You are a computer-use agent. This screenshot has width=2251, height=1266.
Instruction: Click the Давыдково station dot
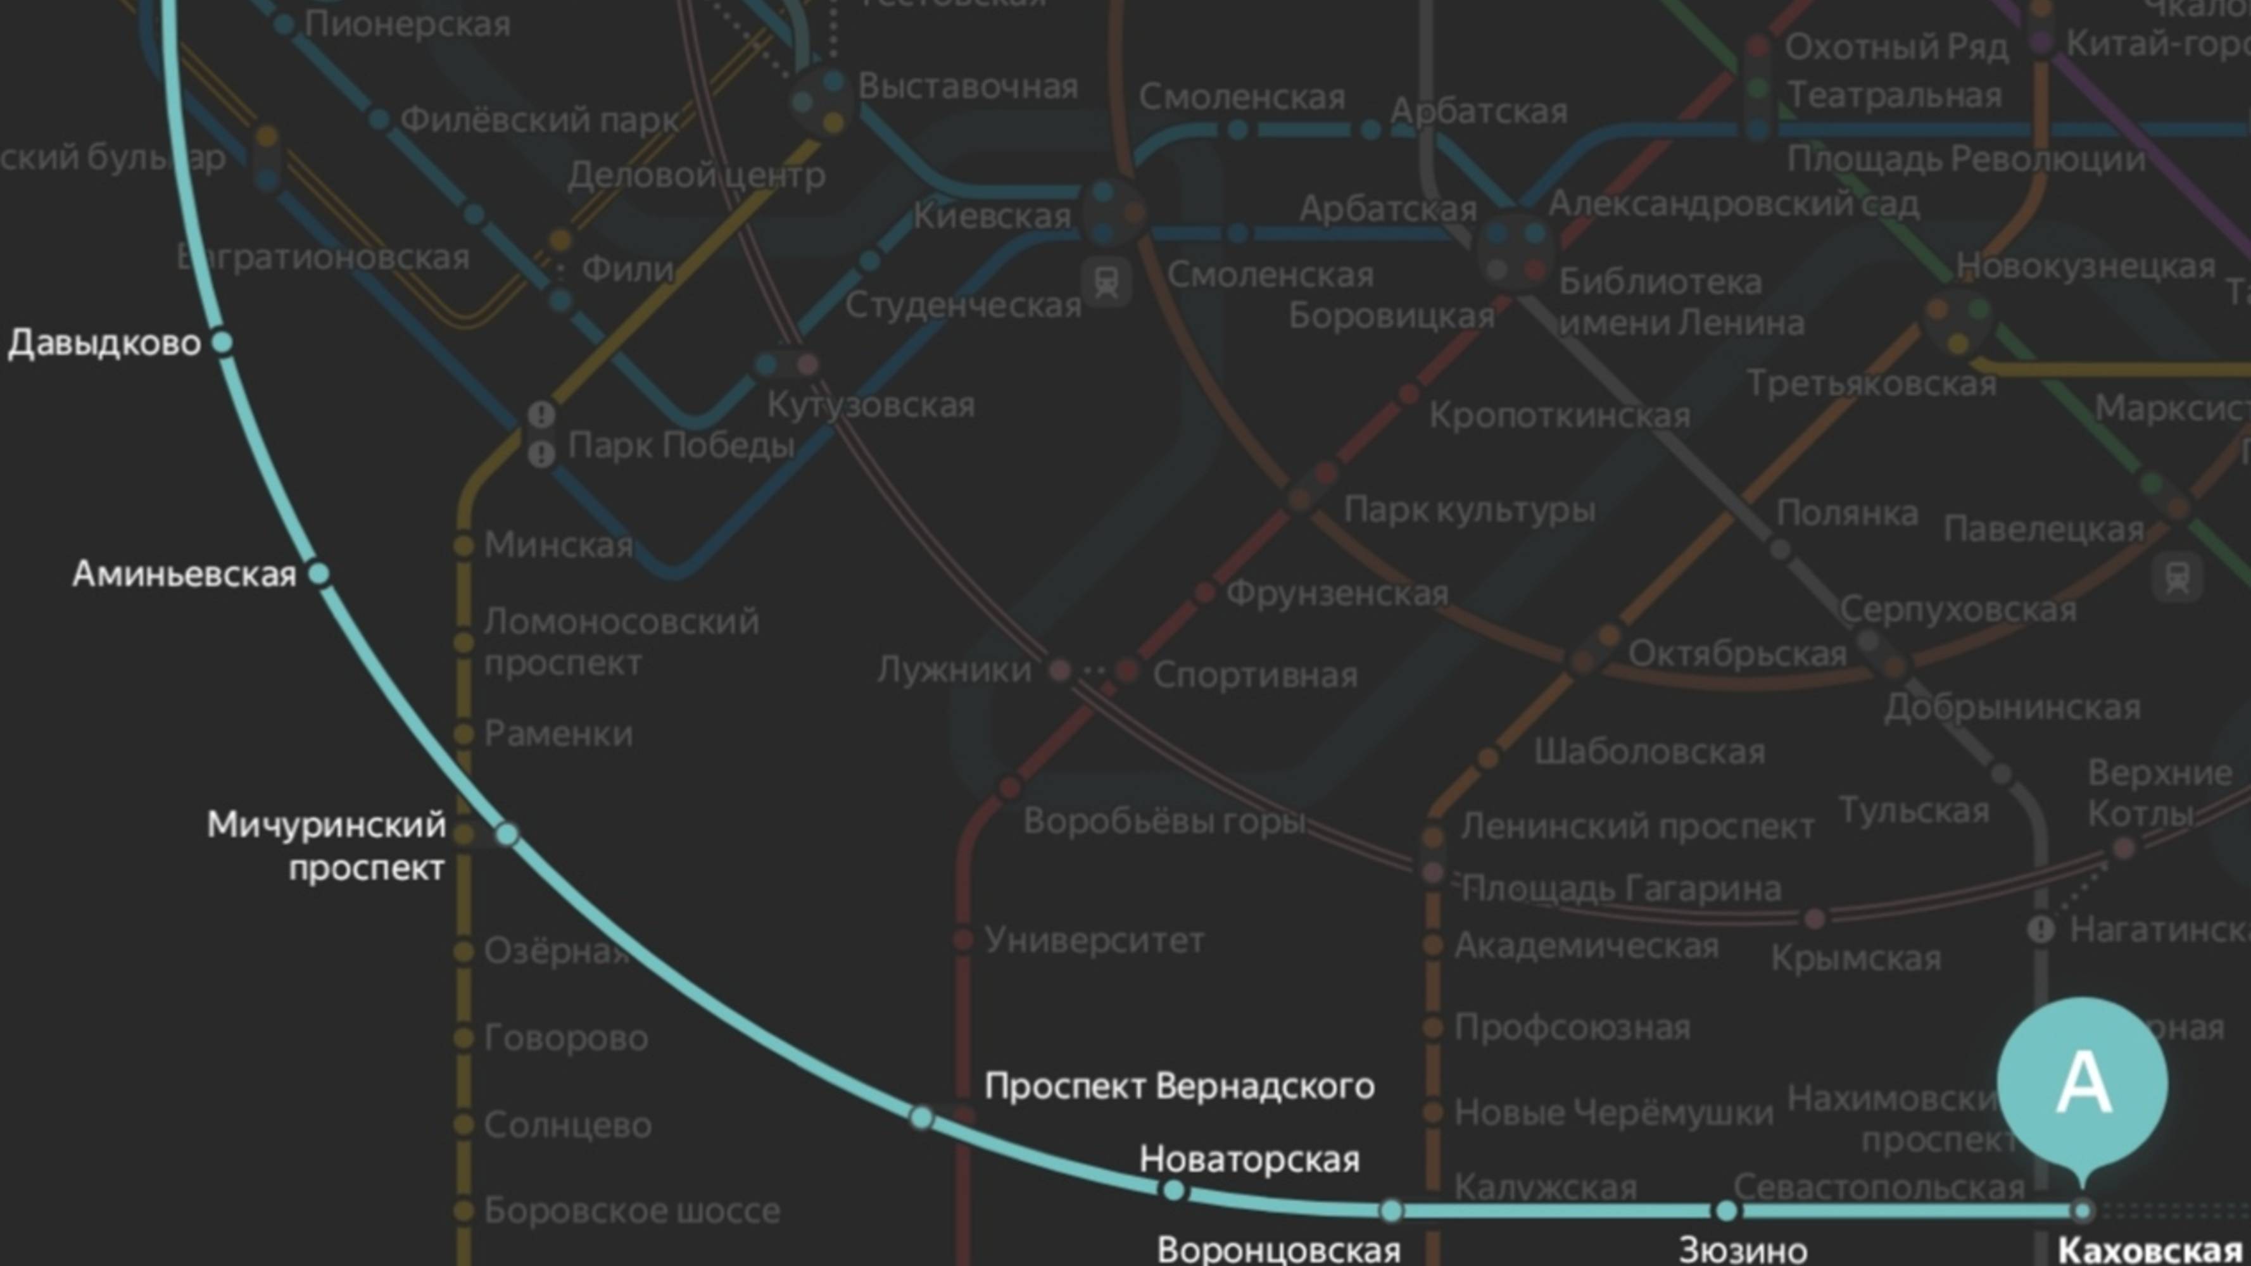pyautogui.click(x=223, y=342)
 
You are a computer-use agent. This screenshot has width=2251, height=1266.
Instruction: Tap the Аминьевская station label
pyautogui.click(x=184, y=574)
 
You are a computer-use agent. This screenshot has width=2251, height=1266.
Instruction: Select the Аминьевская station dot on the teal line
pyautogui.click(x=319, y=574)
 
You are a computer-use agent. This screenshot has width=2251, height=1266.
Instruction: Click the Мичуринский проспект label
pyautogui.click(x=327, y=846)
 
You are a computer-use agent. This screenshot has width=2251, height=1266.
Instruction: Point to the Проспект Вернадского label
pyautogui.click(x=1179, y=1086)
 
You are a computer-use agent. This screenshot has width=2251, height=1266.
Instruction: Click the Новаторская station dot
pyautogui.click(x=1173, y=1190)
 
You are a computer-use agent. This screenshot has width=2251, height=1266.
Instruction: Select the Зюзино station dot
pyautogui.click(x=1726, y=1211)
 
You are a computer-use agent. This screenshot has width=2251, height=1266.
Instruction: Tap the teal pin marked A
pyautogui.click(x=2083, y=1084)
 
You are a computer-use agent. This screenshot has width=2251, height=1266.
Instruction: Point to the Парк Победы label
pyautogui.click(x=681, y=446)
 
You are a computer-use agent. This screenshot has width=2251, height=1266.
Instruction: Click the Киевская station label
pyautogui.click(x=992, y=216)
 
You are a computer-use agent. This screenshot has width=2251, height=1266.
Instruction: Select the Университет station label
pyautogui.click(x=1094, y=940)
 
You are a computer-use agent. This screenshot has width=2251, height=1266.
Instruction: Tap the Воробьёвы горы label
pyautogui.click(x=1164, y=821)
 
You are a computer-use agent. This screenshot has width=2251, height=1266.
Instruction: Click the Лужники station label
pyautogui.click(x=954, y=670)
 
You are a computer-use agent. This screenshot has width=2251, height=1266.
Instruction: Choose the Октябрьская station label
pyautogui.click(x=1737, y=653)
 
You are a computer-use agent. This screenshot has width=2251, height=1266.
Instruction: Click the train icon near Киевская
pyautogui.click(x=1106, y=282)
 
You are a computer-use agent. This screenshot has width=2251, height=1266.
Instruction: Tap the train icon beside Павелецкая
pyautogui.click(x=2177, y=577)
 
